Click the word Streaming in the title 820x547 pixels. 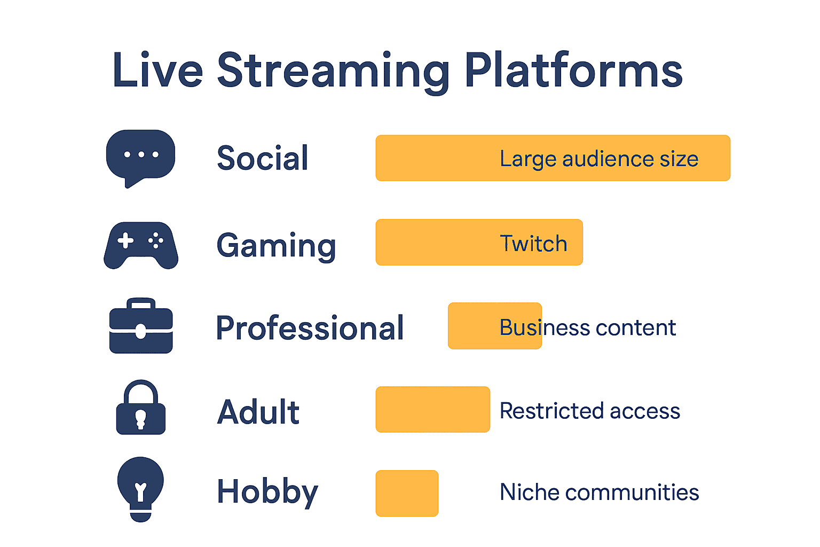(334, 71)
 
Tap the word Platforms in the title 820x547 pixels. (573, 71)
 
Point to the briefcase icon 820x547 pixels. (141, 326)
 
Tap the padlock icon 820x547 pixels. (141, 409)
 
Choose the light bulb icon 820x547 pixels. (141, 488)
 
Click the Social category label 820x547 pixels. (263, 158)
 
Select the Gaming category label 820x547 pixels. (276, 245)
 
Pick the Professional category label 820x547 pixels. (310, 328)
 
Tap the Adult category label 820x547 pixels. (258, 412)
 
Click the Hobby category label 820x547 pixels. (267, 492)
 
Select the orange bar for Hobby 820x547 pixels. (407, 493)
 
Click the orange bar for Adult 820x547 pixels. (432, 409)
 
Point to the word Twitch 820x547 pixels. (533, 244)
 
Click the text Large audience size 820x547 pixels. (599, 159)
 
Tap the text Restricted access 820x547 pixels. (590, 411)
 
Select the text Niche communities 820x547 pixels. (599, 492)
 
